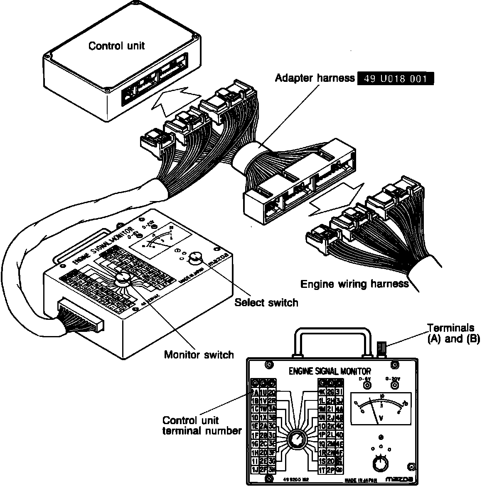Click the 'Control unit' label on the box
tap(116, 45)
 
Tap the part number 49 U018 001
tap(395, 79)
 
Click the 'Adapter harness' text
tap(315, 78)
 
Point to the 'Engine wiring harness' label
tap(354, 284)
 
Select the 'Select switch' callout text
tap(266, 302)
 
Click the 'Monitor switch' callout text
tap(199, 354)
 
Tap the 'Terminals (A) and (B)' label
tap(453, 333)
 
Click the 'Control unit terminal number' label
tap(202, 425)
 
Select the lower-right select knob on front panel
tap(380, 464)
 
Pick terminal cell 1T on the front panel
tap(322, 470)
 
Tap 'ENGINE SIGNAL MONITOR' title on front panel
tap(330, 371)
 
